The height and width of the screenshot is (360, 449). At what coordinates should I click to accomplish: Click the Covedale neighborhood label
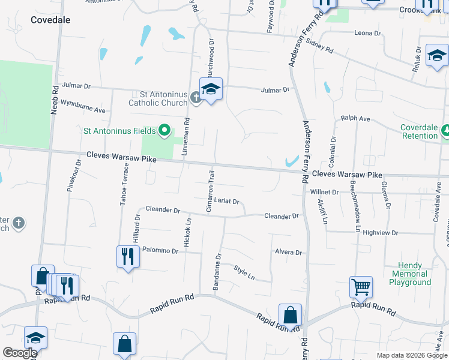50,20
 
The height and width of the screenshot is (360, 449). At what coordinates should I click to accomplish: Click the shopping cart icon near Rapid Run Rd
361,287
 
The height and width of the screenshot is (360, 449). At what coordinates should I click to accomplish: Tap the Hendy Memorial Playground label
411,274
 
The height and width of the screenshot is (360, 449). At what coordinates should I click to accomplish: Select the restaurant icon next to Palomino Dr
128,257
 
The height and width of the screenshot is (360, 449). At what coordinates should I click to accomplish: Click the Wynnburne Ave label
83,110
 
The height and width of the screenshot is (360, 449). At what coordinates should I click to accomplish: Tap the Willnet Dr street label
325,193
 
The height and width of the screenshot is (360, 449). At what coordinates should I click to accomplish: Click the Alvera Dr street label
288,253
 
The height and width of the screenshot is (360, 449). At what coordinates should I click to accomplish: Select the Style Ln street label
244,273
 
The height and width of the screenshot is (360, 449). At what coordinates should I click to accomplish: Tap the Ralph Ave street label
355,119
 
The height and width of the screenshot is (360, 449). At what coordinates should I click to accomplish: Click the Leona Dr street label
368,33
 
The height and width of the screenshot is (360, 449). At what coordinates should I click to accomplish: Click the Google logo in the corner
20,353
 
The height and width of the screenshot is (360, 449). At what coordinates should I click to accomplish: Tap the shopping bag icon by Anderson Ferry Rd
290,315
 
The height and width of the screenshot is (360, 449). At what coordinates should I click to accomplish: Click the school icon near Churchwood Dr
211,89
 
